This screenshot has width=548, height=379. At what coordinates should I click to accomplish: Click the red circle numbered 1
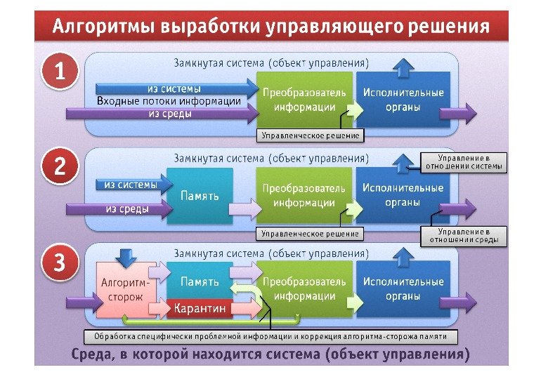[62, 72]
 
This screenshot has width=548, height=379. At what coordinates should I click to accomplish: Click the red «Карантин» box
[200, 307]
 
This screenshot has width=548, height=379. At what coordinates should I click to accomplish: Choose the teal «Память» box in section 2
[200, 196]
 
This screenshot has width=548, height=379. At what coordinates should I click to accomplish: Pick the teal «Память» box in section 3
[200, 281]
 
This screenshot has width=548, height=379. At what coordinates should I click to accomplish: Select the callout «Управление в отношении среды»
[463, 236]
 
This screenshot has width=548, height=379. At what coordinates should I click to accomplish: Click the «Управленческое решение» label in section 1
[310, 135]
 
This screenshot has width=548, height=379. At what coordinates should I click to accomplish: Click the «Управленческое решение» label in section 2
[310, 233]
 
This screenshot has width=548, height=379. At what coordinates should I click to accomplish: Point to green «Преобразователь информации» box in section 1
[304, 99]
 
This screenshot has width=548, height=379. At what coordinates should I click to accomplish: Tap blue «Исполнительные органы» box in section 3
[403, 288]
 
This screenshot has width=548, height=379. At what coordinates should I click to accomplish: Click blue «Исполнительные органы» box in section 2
[403, 195]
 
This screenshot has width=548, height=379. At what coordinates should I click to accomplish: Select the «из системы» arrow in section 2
[133, 185]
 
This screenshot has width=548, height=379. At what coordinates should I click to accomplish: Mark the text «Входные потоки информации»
[169, 101]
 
